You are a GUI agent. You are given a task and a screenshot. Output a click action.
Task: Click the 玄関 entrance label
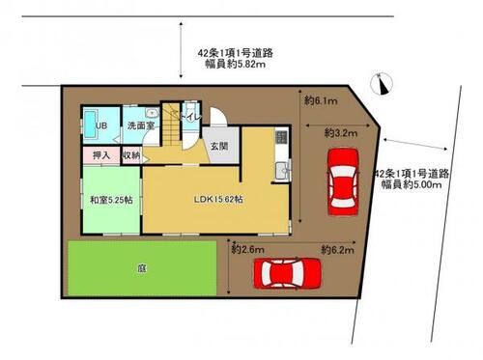point(222,146)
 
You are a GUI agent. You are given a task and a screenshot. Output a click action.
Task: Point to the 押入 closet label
point(100,154)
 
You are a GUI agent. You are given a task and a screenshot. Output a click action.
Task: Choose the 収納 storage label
point(130,154)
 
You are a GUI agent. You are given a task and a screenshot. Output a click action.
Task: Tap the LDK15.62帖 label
point(218,199)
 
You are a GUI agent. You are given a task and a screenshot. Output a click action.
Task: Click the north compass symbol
point(384,85)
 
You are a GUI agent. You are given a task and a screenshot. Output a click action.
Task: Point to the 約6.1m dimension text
point(320,99)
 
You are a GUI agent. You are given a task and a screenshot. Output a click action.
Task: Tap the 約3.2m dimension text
point(341,132)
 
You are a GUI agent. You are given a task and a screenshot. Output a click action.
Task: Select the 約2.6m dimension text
point(248,248)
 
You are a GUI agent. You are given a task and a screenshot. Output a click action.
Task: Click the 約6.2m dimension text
point(337,248)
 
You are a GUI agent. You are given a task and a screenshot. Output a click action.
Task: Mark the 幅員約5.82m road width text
point(230,65)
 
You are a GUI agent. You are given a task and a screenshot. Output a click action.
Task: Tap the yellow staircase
point(174,124)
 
